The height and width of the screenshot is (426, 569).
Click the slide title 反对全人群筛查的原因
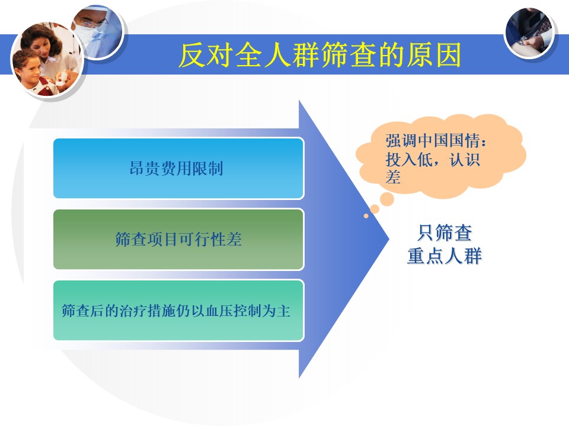coord(319,54)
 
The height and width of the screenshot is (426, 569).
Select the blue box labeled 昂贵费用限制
coord(178,169)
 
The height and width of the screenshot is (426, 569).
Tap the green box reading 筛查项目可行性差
coord(178,240)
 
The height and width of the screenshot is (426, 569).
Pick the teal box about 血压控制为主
coord(178,311)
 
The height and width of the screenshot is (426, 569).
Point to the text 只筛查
coord(445,233)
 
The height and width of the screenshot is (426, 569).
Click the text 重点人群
coord(445,256)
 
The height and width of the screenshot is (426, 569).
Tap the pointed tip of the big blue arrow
coord(389,238)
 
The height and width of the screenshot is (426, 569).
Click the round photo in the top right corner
coord(530,33)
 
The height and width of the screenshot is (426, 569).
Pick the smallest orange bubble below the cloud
coord(366,216)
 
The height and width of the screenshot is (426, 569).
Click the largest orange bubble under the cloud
coord(387,199)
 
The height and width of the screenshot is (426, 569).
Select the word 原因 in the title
coord(433,54)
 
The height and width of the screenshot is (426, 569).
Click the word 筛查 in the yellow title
coord(349,54)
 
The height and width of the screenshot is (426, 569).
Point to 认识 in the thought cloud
coord(465,159)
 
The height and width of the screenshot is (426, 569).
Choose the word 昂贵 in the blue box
coord(145,169)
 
